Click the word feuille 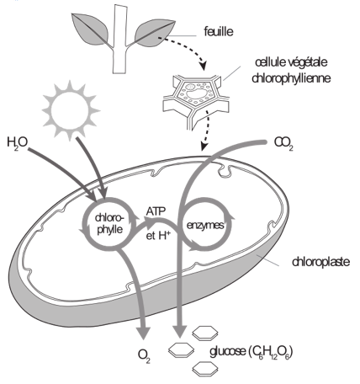(219, 31)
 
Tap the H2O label (17, 143)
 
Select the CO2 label (283, 143)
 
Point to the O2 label (144, 355)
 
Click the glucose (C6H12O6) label (251, 352)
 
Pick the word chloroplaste (320, 262)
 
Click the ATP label (156, 211)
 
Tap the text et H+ (158, 235)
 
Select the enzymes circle (206, 225)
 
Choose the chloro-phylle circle (83, 225)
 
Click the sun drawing (70, 109)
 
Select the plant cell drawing (197, 102)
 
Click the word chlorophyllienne (291, 78)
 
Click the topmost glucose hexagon (205, 333)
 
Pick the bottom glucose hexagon (205, 369)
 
